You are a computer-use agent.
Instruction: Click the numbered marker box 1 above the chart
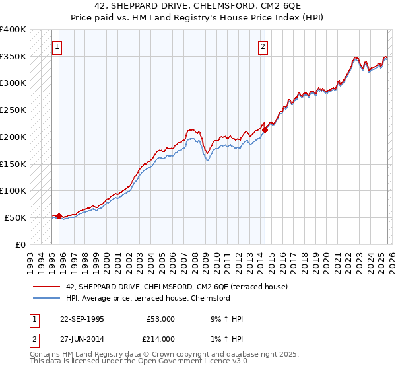pos(58,46)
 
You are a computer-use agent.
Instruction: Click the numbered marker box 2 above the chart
pos(263,46)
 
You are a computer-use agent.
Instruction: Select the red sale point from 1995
pos(59,216)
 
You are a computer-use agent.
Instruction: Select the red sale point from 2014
pos(265,130)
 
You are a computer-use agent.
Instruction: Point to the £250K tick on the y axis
pos(13,110)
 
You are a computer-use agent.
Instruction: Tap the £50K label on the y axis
pos(16,217)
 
